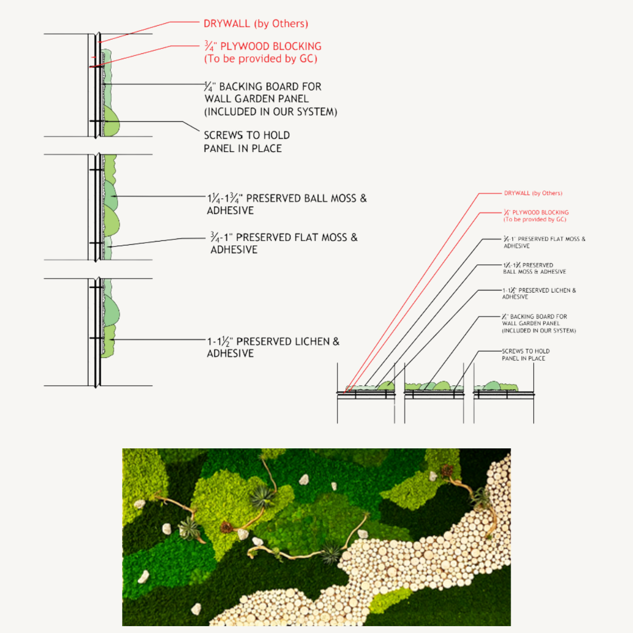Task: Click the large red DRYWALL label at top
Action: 227,24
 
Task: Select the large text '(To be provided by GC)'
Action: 261,59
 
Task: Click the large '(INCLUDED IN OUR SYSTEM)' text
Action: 271,112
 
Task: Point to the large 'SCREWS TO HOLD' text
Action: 246,135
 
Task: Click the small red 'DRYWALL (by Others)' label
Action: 533,193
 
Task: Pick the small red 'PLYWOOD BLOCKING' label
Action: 540,213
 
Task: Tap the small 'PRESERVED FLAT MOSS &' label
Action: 549,239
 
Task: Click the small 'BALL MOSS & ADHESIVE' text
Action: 534,272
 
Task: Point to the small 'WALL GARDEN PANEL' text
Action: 531,323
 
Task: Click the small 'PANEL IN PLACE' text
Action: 523,358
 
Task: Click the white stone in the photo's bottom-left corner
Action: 196,609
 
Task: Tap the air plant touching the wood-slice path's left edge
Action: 332,553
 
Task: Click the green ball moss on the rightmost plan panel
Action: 492,386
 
